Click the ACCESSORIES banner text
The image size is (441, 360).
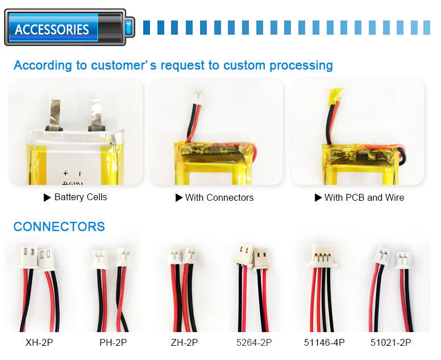52,29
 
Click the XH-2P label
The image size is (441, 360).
40,342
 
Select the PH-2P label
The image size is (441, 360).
113,342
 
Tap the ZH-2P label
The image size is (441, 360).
184,342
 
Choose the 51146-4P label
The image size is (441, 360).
324,342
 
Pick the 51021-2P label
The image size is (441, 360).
390,342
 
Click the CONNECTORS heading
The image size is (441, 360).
59,227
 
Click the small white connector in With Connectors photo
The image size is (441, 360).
199,93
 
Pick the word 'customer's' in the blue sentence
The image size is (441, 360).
125,65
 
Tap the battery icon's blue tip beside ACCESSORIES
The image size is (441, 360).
129,26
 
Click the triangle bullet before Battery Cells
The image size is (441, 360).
47,197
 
